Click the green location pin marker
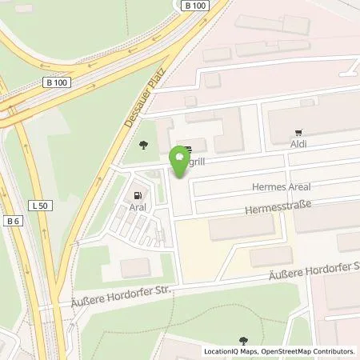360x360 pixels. (x=180, y=162)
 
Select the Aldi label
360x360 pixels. (x=298, y=145)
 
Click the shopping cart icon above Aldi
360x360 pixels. (x=298, y=133)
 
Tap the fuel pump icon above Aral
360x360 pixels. (x=139, y=194)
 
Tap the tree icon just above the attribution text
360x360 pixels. (x=244, y=341)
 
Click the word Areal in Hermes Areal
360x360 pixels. (x=297, y=186)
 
